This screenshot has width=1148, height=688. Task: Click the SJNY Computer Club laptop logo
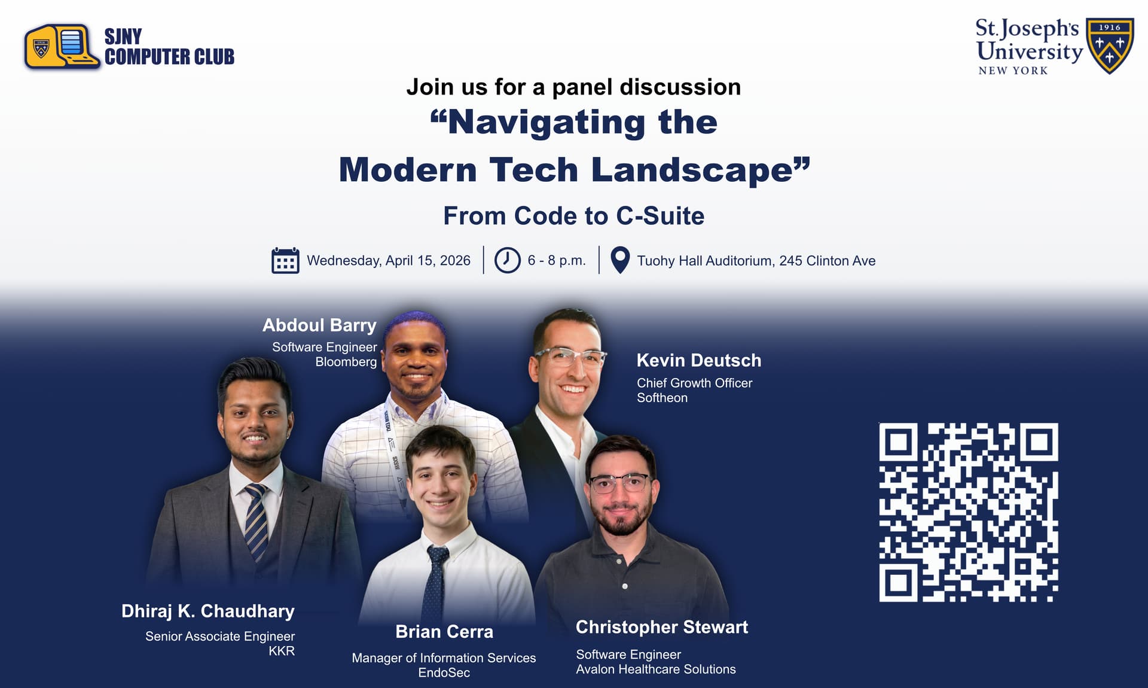62,47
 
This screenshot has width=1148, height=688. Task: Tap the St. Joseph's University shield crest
1110,45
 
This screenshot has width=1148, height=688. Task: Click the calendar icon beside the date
285,260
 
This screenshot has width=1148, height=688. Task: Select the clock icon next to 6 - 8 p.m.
507,260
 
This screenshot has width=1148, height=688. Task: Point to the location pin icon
620,260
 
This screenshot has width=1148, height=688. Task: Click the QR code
969,512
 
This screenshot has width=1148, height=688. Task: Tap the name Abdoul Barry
319,325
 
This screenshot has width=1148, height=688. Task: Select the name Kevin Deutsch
699,360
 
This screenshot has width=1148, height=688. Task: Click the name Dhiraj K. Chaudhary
208,611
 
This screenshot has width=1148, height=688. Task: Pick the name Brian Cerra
444,632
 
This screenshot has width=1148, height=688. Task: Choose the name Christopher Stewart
662,627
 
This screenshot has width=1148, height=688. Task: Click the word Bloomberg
346,362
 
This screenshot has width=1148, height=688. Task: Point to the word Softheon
662,398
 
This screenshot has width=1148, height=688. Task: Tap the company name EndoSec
444,672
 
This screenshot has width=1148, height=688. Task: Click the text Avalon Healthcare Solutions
656,669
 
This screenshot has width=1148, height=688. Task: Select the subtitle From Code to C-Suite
574,216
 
